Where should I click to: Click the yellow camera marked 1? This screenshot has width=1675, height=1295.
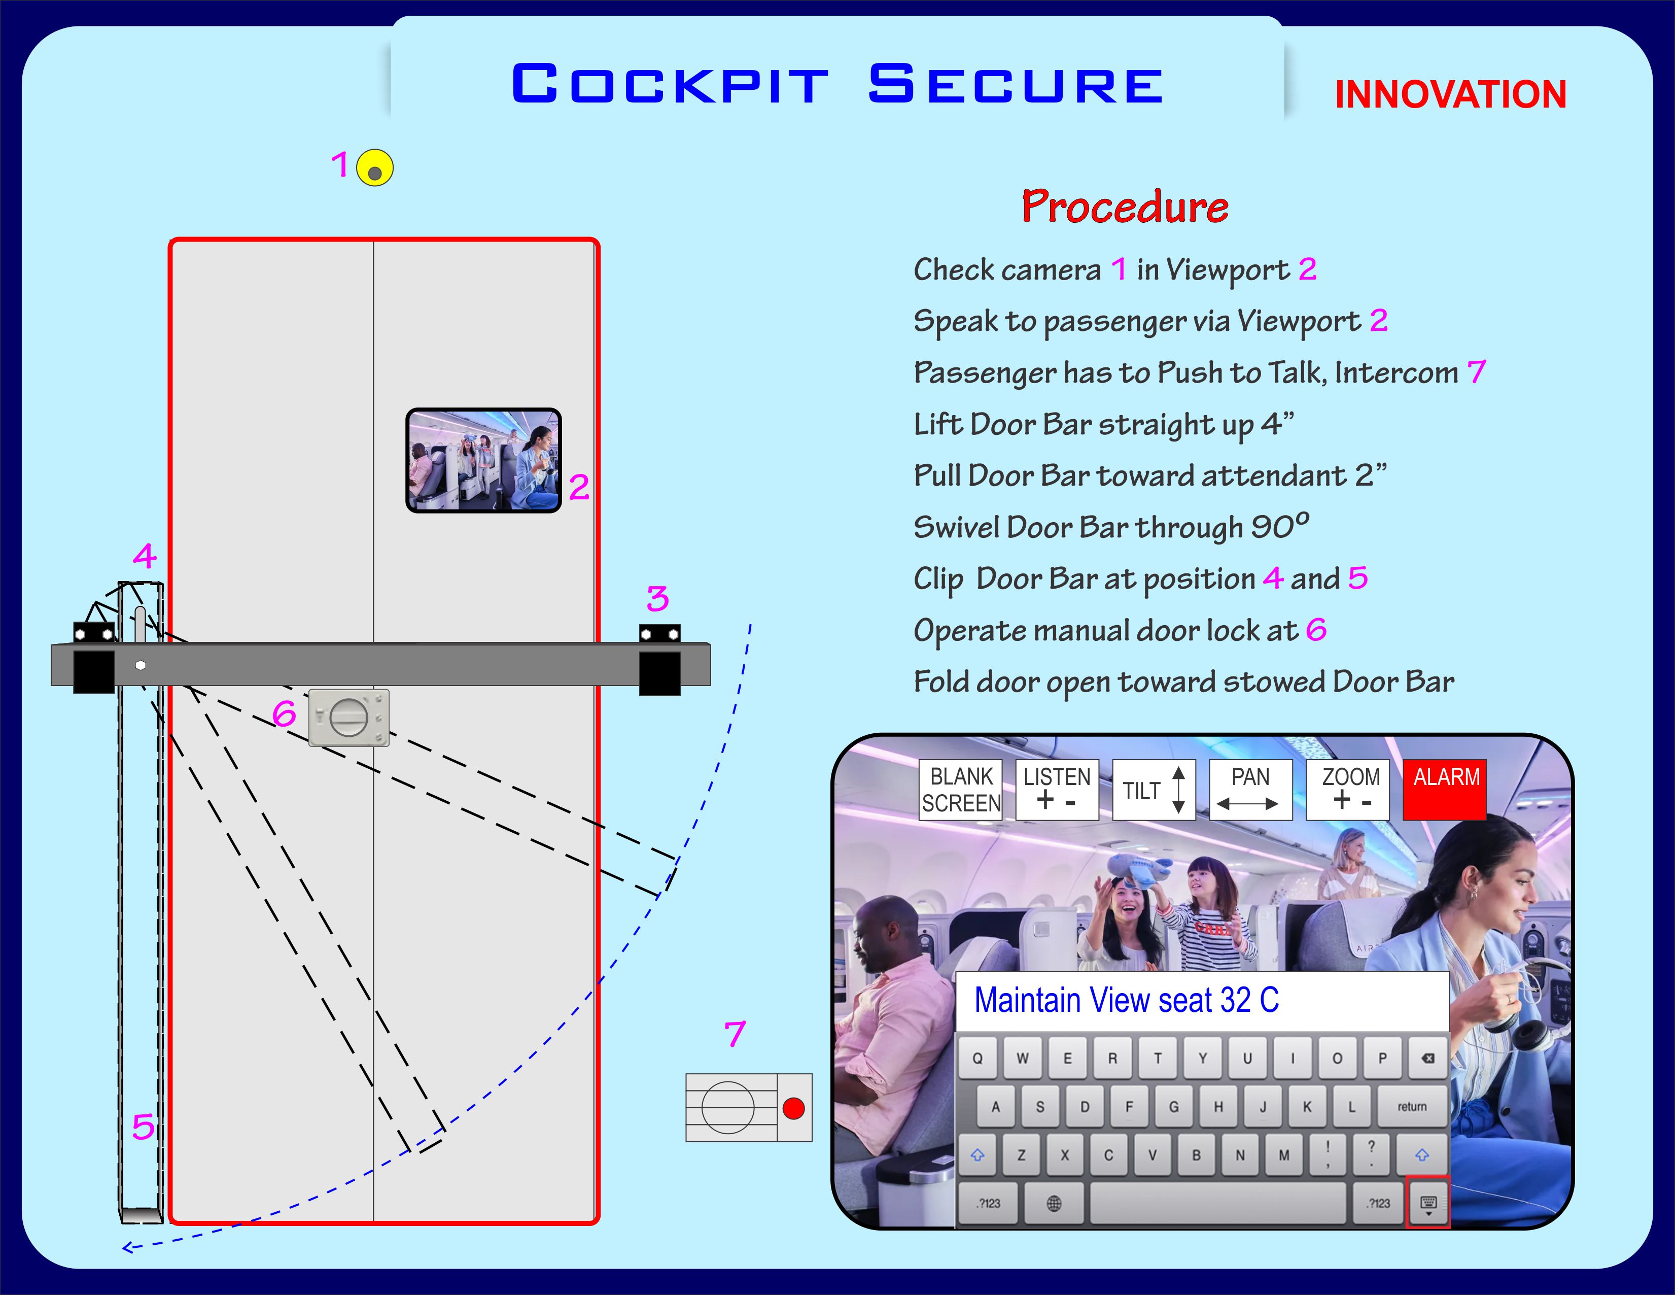point(374,168)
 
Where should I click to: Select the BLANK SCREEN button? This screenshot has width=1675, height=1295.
point(960,790)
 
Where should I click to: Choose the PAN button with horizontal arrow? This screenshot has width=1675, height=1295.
point(1250,790)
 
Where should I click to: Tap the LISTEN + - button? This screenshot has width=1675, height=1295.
point(1057,790)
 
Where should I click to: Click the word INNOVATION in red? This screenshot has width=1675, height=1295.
point(1450,95)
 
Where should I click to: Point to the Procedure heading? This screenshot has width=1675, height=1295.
point(1124,207)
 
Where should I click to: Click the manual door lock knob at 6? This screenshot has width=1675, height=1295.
point(348,718)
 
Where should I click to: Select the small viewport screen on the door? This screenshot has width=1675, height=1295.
point(483,460)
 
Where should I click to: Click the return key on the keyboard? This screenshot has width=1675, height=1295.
point(1411,1106)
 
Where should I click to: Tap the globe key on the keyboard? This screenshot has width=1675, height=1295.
point(1054,1203)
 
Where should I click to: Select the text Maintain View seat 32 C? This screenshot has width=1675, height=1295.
point(1126,1000)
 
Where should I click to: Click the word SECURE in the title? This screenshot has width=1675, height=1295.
point(1016,84)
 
